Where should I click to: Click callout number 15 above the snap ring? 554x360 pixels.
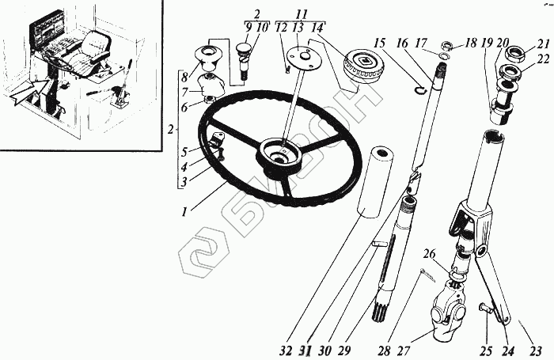pyautogui.click(x=381, y=42)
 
